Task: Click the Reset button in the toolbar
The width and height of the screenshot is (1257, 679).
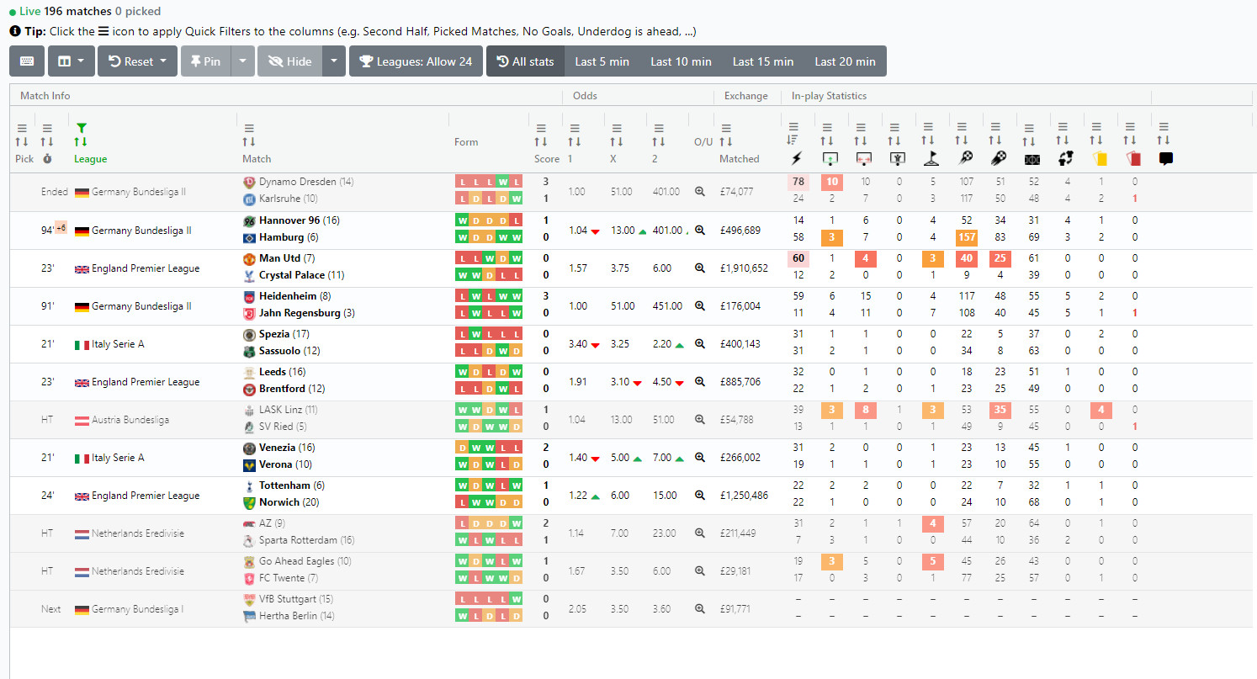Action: pyautogui.click(x=137, y=61)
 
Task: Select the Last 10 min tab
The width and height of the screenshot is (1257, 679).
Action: pyautogui.click(x=680, y=61)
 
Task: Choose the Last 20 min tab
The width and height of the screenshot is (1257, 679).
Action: pyautogui.click(x=845, y=61)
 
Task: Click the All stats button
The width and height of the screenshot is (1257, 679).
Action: pyautogui.click(x=525, y=61)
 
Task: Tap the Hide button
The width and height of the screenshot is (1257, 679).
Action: pyautogui.click(x=290, y=61)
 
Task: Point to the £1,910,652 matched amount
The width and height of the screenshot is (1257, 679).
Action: pyautogui.click(x=743, y=268)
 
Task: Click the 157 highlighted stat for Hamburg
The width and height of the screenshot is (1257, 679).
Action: pyautogui.click(x=966, y=237)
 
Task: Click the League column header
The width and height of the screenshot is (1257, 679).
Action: pyautogui.click(x=90, y=159)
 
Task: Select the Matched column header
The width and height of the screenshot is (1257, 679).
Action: pyautogui.click(x=739, y=159)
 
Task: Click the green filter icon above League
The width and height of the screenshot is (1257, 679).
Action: pyautogui.click(x=81, y=128)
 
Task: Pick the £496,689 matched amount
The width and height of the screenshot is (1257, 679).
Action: pyautogui.click(x=740, y=231)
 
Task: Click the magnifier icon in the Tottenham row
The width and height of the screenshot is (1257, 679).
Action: pyautogui.click(x=699, y=496)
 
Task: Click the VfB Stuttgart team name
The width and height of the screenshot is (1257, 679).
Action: pyautogui.click(x=287, y=599)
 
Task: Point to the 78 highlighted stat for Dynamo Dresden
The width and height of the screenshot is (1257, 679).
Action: pyautogui.click(x=798, y=182)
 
